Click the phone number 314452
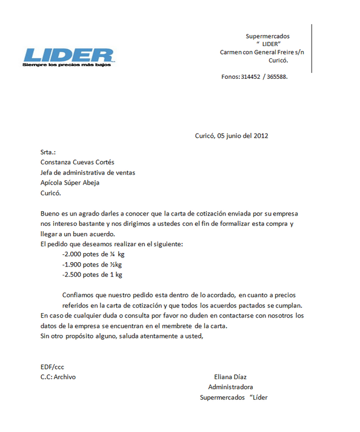[250, 77]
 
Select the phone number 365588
[277, 77]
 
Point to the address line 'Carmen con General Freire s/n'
[262, 52]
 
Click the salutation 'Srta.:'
[48, 152]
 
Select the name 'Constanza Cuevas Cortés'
[77, 162]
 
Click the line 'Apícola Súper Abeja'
[70, 183]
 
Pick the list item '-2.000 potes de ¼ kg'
[93, 255]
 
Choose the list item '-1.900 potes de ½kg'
[92, 265]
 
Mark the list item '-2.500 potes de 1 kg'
[92, 275]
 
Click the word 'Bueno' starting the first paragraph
[50, 214]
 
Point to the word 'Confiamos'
[78, 295]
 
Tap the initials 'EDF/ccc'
[52, 366]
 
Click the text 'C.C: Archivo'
[58, 377]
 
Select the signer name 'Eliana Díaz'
[230, 377]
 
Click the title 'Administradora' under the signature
[230, 387]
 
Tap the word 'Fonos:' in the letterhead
[230, 77]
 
